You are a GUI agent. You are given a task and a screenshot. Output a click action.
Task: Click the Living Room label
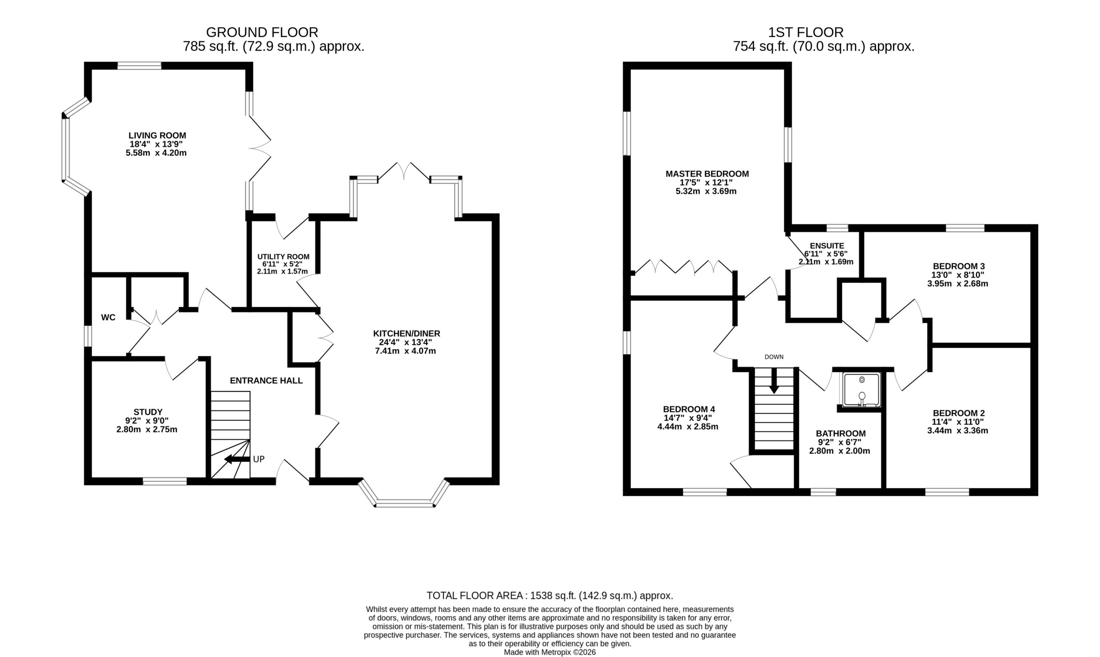pyautogui.click(x=157, y=135)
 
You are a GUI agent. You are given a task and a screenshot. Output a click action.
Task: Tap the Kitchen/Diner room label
pyautogui.click(x=406, y=333)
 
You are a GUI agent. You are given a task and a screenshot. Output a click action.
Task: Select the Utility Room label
pyautogui.click(x=283, y=257)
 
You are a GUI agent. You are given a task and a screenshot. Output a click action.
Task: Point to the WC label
pyautogui.click(x=108, y=317)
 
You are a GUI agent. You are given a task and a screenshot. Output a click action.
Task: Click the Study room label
pyautogui.click(x=148, y=412)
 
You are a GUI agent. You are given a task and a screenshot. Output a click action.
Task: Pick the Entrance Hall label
pyautogui.click(x=266, y=380)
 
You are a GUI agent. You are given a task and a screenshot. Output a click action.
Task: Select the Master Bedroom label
pyautogui.click(x=707, y=174)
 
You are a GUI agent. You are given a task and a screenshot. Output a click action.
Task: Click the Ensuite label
pyautogui.click(x=827, y=246)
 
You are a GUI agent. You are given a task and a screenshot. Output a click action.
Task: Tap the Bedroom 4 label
pyautogui.click(x=689, y=409)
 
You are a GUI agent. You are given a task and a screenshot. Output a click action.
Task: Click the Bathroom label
pyautogui.click(x=840, y=434)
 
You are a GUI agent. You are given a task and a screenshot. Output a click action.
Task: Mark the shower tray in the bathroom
pyautogui.click(x=862, y=390)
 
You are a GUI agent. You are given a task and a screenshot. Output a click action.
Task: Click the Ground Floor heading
pyautogui.click(x=262, y=32)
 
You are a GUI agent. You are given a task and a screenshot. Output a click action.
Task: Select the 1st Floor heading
pyautogui.click(x=806, y=32)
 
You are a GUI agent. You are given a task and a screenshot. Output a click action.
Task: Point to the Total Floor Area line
pyautogui.click(x=550, y=596)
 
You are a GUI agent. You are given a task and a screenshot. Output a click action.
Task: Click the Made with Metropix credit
pyautogui.click(x=550, y=652)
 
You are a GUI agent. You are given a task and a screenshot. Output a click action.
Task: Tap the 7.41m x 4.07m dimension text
pyautogui.click(x=405, y=351)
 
